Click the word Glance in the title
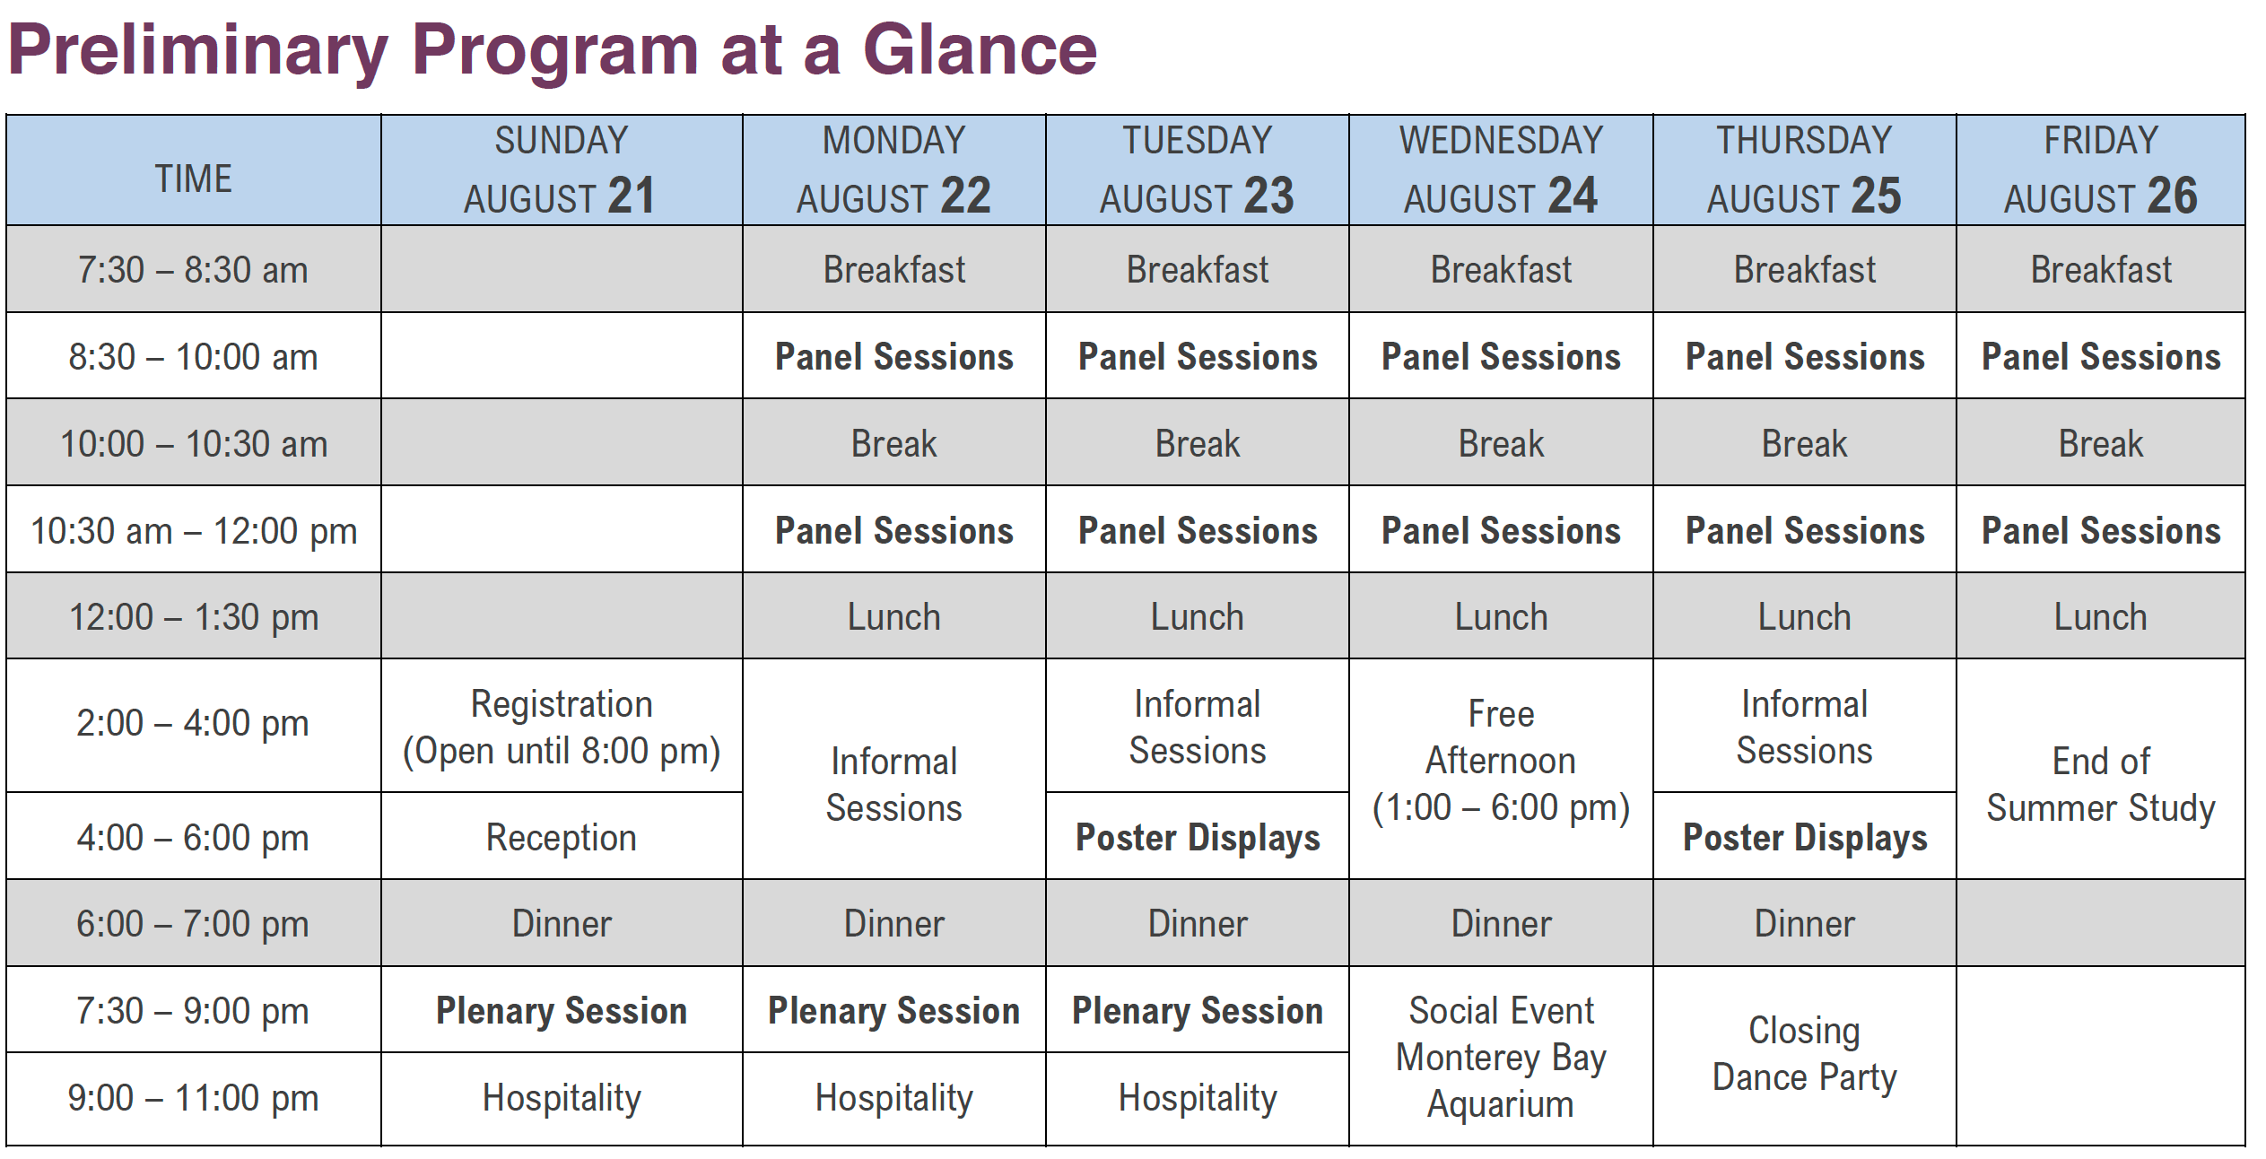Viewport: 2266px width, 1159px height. [x=980, y=49]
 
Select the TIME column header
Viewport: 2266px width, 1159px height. [x=194, y=179]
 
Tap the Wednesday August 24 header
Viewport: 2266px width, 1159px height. [x=1501, y=170]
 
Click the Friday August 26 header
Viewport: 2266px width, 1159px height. [x=2101, y=170]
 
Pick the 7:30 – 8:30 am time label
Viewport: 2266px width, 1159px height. [x=193, y=270]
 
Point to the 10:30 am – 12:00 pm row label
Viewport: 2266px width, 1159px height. [x=194, y=531]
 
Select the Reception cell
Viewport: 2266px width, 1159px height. [x=562, y=838]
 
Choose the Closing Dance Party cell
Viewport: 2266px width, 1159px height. [x=1804, y=1054]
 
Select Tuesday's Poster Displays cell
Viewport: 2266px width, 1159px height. [x=1198, y=838]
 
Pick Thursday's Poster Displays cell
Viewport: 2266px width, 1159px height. [x=1805, y=838]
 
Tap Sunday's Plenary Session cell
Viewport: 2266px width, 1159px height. [x=562, y=1011]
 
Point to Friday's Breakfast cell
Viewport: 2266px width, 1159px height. [x=2101, y=270]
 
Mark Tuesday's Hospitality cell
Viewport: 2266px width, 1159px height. [x=1198, y=1098]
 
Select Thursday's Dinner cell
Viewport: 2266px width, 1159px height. [x=1804, y=924]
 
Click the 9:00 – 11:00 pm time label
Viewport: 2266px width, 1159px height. [x=193, y=1098]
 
